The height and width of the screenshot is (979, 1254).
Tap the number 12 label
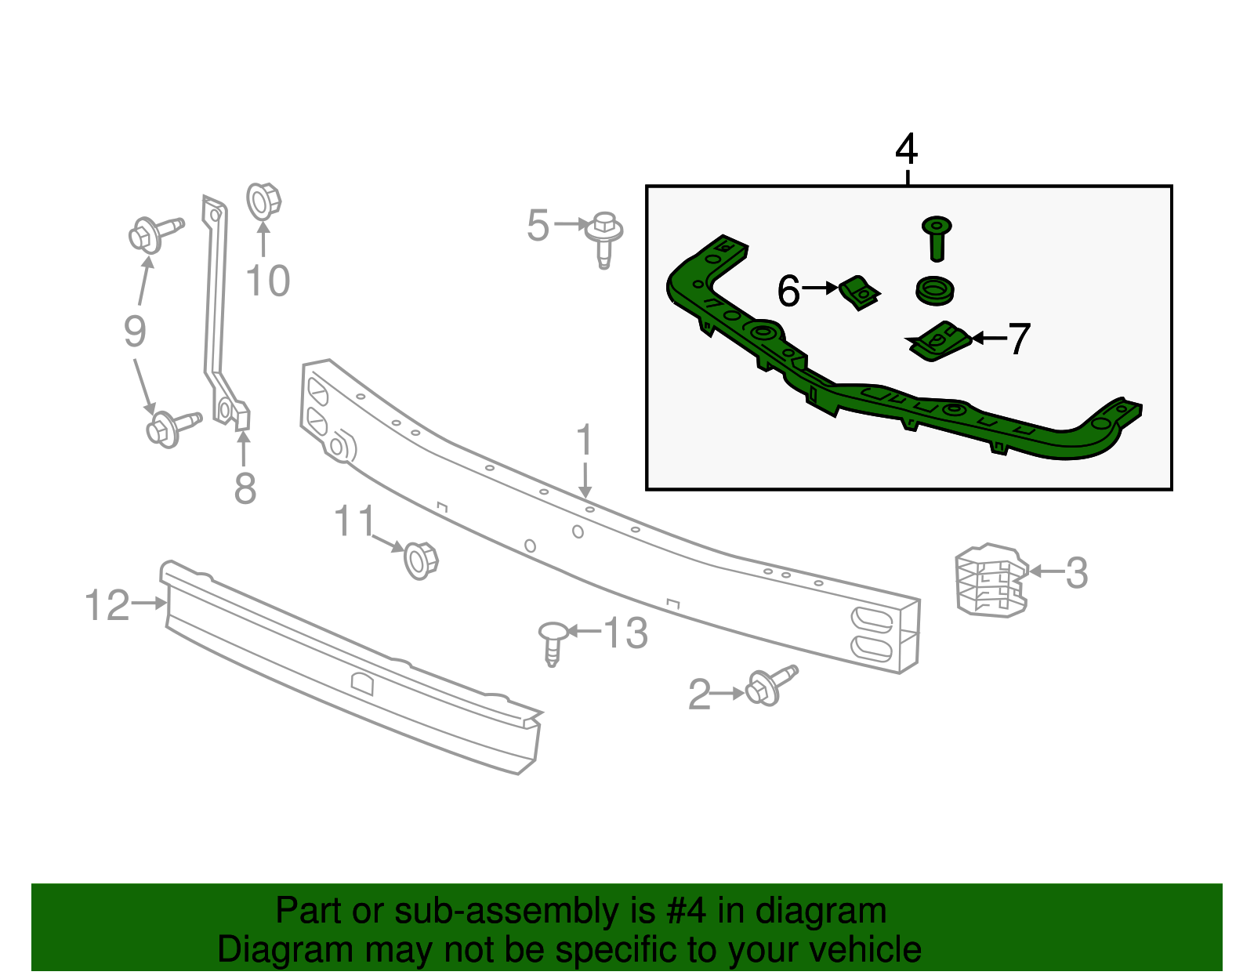pos(107,606)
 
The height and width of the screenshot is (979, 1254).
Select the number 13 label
pos(625,633)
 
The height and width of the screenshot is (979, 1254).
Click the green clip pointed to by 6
pos(860,292)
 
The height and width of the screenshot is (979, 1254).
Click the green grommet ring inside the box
pos(934,290)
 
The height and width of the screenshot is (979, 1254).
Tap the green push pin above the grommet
pos(936,237)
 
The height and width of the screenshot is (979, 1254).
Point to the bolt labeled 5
pos(604,234)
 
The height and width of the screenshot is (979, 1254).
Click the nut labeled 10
pos(263,201)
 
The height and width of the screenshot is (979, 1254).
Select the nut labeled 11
pos(420,560)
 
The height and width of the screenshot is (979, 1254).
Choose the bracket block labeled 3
pos(989,580)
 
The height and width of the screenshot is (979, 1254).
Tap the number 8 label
pos(245,489)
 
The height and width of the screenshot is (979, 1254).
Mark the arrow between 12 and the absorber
pos(150,603)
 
